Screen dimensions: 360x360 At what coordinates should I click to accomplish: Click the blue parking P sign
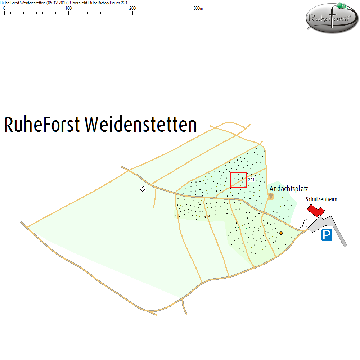point(327,235)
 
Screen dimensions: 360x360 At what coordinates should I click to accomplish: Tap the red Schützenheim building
point(315,210)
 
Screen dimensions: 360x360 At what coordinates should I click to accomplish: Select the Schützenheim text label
point(321,199)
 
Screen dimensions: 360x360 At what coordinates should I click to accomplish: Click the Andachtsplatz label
point(289,189)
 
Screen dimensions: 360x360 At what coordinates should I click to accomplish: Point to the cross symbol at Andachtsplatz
point(271,196)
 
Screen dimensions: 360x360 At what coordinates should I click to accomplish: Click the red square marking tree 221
point(238,180)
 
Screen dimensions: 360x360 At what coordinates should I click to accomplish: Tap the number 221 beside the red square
point(251,180)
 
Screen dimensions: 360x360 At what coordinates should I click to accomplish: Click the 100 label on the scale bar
point(68,8)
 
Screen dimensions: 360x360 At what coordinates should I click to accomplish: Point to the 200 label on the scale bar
point(132,8)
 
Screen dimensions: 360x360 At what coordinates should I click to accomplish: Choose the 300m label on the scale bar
point(198,8)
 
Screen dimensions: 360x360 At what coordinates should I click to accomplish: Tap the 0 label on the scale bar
point(4,8)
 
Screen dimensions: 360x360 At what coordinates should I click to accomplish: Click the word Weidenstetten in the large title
point(141,125)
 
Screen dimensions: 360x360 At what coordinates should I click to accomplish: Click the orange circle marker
point(281,233)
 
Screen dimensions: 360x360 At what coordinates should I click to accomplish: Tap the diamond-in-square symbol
point(143,189)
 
